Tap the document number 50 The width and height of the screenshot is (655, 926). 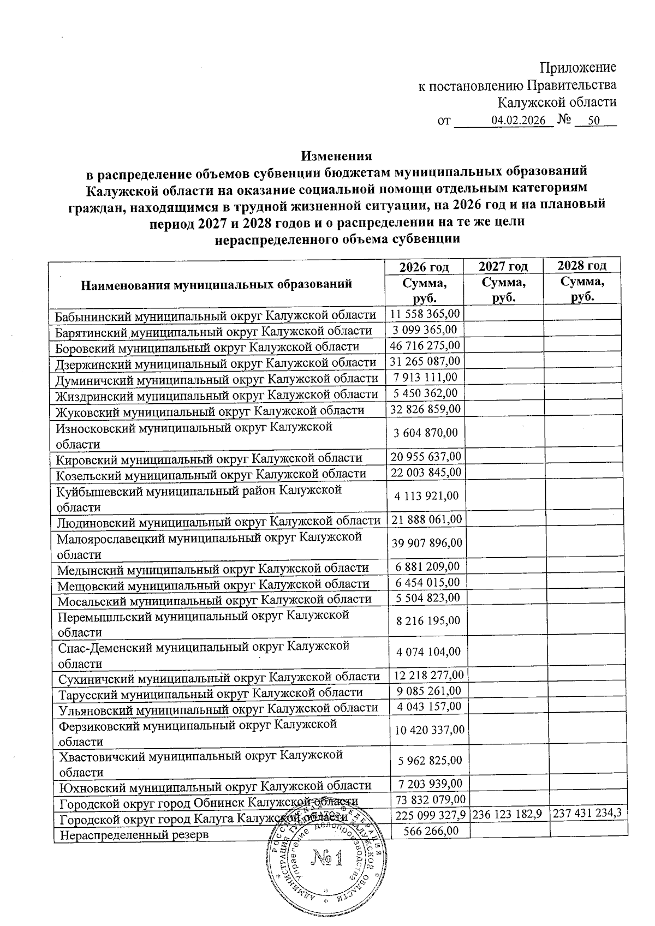pos(594,121)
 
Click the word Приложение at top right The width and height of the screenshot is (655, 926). pos(577,68)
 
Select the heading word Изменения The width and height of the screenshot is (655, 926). pos(336,156)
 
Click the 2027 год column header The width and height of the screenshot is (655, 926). pos(503,266)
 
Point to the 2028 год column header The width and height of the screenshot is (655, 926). pos(582,266)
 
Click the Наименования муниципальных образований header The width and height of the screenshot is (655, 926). pos(216,284)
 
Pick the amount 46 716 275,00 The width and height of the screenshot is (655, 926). pos(426,345)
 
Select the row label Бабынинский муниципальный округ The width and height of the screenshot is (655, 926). pos(216,315)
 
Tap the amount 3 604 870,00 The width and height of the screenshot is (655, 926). pos(426,433)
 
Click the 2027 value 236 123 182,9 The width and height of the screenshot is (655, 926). pos(507,814)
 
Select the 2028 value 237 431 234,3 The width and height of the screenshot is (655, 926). pos(587,813)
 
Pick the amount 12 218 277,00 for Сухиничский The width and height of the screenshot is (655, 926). pos(428,675)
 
